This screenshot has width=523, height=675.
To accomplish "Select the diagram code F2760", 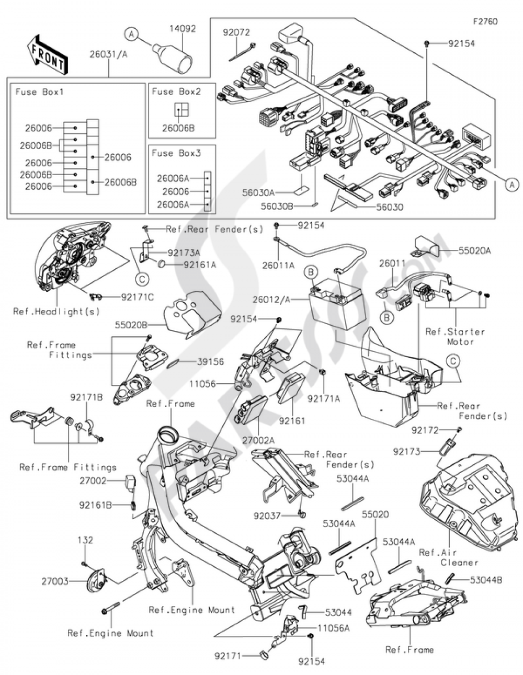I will (485, 21).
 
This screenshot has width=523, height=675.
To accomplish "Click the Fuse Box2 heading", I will (176, 91).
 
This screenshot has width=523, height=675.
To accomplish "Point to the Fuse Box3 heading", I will (176, 153).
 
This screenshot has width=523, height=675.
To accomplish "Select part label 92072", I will (236, 32).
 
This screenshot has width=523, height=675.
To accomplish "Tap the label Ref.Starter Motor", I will (455, 336).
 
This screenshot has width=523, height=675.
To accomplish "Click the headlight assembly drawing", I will (73, 256).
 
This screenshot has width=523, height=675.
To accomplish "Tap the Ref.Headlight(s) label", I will (56, 312).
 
